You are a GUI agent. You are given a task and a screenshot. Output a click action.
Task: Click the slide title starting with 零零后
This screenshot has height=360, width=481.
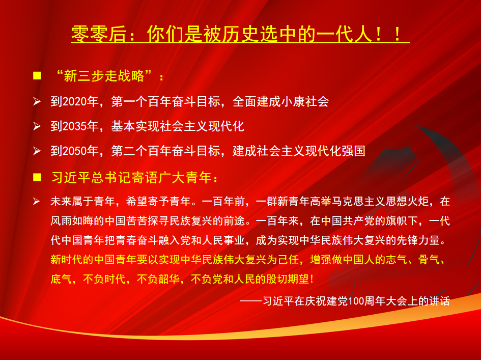240,34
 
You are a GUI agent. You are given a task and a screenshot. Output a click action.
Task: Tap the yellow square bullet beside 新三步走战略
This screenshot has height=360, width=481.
37,76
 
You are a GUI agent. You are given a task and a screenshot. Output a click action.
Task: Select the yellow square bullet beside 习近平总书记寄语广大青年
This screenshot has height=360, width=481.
37,178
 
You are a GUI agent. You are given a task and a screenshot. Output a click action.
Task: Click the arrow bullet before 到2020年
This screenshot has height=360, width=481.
37,101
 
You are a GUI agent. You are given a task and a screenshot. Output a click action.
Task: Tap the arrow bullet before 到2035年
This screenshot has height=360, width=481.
37,126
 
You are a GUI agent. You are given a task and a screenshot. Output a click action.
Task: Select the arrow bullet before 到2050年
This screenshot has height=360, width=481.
37,151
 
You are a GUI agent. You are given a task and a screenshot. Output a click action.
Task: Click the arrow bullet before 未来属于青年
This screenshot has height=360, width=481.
37,202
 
